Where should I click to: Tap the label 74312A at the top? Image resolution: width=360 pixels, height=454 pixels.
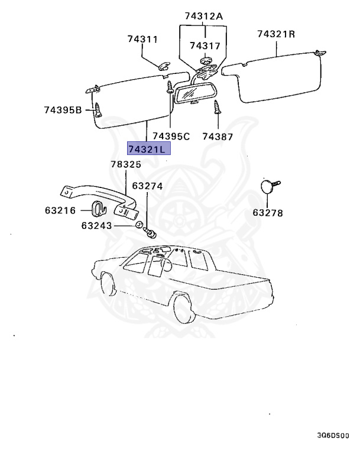[x=203, y=17]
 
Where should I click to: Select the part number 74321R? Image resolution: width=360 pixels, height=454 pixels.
[x=275, y=34]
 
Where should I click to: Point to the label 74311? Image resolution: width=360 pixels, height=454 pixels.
[x=142, y=40]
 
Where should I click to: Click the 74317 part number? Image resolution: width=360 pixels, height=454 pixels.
[x=205, y=46]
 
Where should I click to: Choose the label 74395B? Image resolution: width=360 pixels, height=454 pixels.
[x=63, y=109]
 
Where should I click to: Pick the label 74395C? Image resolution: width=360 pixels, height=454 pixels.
[x=170, y=137]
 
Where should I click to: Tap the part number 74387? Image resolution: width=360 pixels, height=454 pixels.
[x=217, y=137]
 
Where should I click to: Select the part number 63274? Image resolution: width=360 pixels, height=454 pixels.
[x=147, y=186]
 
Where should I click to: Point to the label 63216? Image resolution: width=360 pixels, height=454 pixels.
[x=60, y=209]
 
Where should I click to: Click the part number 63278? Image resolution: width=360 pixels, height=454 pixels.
[x=268, y=213]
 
